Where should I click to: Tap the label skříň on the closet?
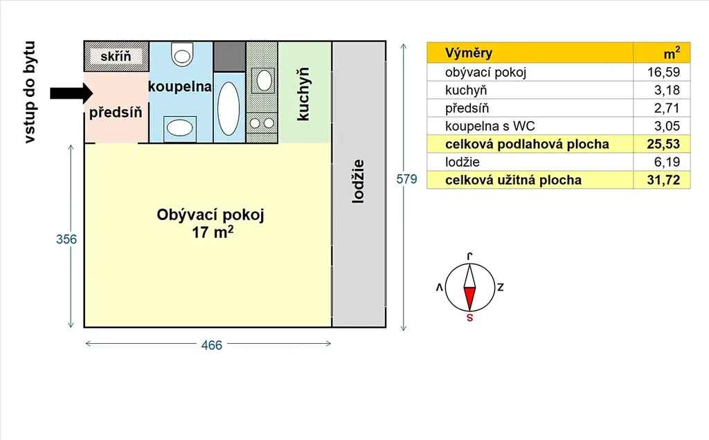coord(116,56)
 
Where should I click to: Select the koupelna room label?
coord(179,87)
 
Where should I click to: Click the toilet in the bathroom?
coord(183,53)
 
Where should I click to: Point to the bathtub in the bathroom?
coord(228,108)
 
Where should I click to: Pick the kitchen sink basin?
coord(264,80)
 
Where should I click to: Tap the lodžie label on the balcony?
coord(357,181)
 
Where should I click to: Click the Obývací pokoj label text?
coord(211,214)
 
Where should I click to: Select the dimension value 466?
coord(211,345)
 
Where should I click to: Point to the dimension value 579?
coord(406,179)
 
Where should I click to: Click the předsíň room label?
coord(116,113)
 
